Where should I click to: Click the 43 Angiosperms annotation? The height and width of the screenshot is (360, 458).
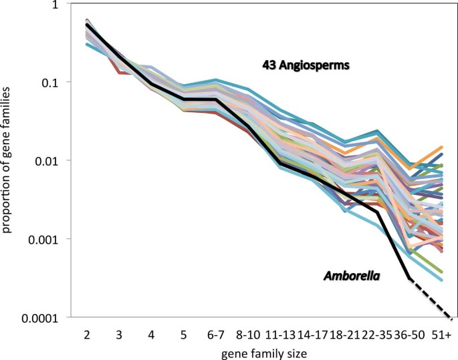(306, 65)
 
